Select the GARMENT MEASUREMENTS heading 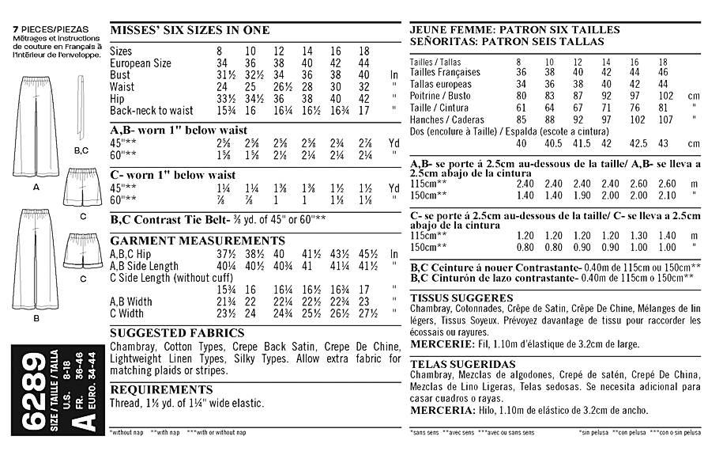pos(186,241)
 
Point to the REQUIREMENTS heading pos(161,389)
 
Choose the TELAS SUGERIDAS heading pos(457,362)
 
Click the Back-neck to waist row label pos(152,111)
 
